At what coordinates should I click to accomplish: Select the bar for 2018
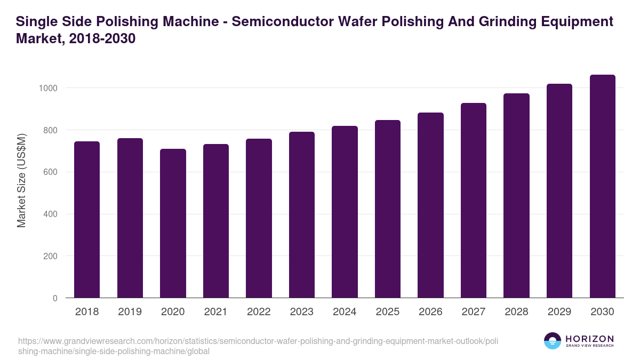87,219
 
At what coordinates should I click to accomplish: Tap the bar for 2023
302,214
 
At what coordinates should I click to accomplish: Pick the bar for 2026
430,205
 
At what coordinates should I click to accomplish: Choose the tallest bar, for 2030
602,186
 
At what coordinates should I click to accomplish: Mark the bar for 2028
516,195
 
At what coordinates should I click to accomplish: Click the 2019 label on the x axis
130,312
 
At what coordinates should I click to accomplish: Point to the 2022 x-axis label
259,312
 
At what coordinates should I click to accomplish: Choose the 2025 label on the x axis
388,312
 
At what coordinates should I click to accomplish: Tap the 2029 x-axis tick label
559,312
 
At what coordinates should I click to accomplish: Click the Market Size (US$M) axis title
21,180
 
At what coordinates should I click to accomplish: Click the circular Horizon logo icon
553,341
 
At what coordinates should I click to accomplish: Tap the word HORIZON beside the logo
589,339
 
